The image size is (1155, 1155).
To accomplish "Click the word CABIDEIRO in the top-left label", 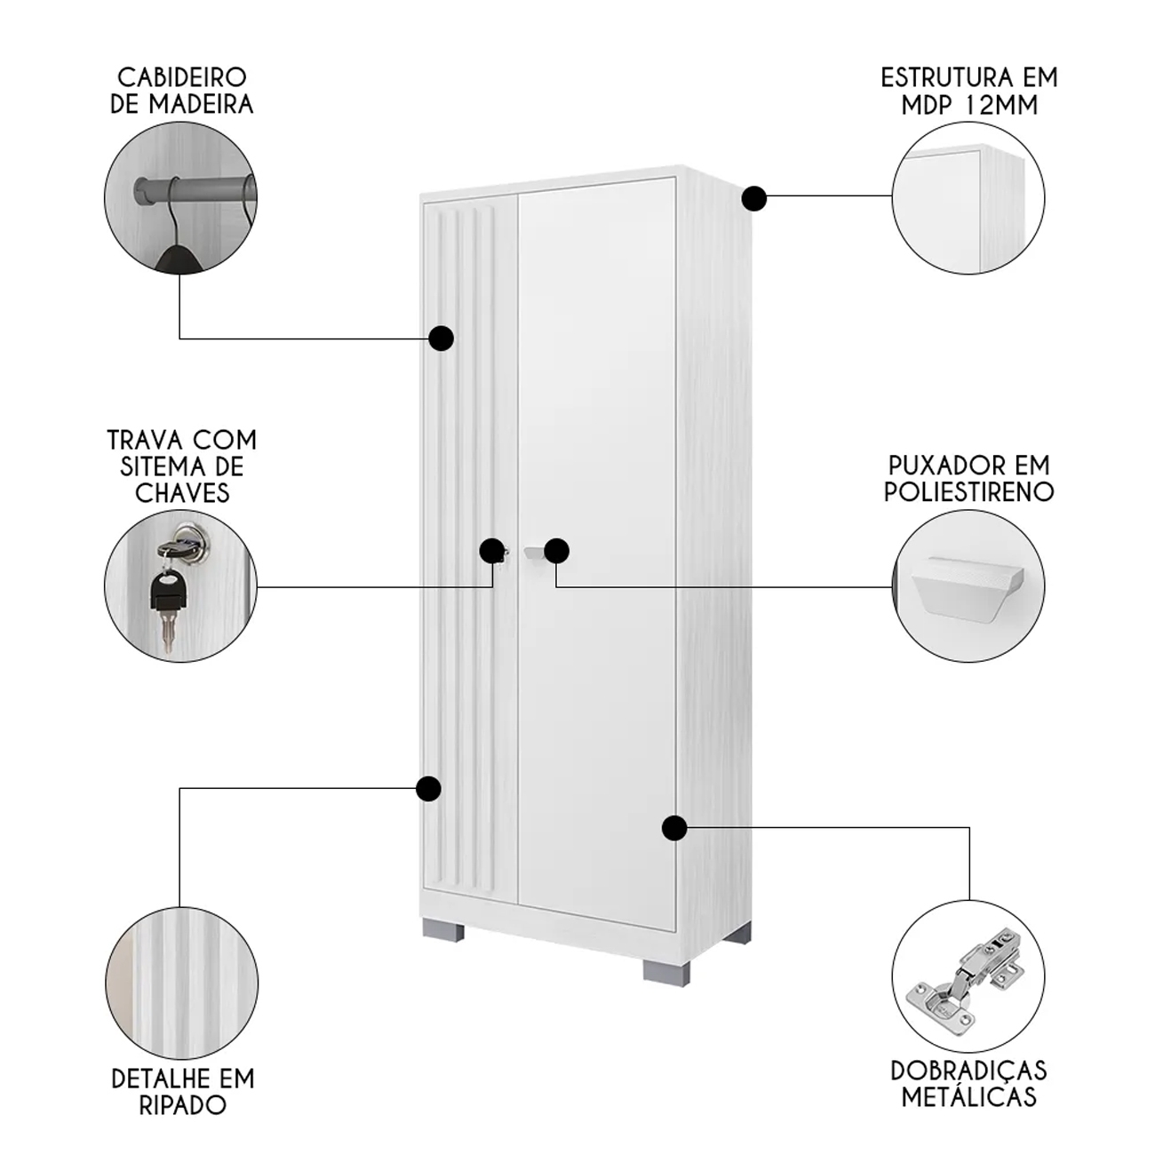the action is pos(182,77).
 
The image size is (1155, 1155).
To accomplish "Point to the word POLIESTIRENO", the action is pos(969,491).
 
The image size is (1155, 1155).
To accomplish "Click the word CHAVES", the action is pos(182,493).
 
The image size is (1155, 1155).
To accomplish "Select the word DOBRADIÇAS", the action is pos(969,1071).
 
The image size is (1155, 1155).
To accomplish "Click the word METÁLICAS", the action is pos(969,1096).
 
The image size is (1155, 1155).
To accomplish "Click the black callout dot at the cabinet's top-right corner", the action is pos(754,198).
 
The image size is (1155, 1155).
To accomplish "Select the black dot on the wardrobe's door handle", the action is pos(556,551).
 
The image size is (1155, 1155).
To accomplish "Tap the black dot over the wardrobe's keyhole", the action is pos(492,550).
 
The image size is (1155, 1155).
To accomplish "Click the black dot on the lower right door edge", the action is pos(675,828).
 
